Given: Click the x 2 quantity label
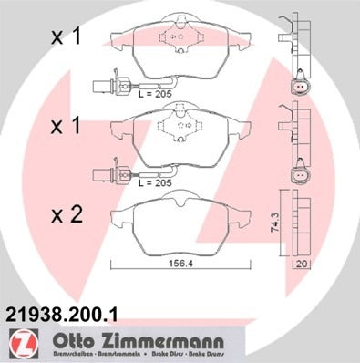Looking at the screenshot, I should [66, 215].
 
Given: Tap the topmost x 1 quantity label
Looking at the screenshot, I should [66, 37].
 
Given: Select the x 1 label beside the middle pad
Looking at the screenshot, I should [66, 126].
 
